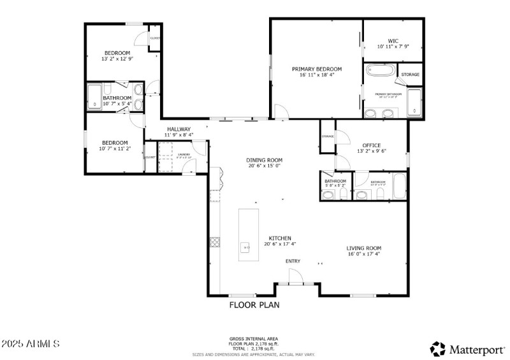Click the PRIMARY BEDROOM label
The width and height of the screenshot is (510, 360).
coord(317,69)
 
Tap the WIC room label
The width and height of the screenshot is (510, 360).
coord(393,41)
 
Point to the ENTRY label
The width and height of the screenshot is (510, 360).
coord(293,261)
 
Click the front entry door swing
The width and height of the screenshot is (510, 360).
coord(295,277)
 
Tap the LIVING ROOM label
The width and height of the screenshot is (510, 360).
coord(364,248)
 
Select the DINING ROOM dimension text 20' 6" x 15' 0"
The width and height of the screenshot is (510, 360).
coord(264,166)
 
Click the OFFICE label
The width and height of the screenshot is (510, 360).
coord(372,145)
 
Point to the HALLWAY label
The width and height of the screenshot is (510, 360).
coord(178,129)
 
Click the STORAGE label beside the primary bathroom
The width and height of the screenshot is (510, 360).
coord(410,75)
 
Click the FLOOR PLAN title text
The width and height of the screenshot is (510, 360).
coord(254,305)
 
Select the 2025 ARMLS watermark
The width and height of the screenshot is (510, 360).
coord(31,343)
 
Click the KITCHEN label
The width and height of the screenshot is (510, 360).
coord(280,238)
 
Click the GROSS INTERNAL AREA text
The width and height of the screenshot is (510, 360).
coord(254,338)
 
